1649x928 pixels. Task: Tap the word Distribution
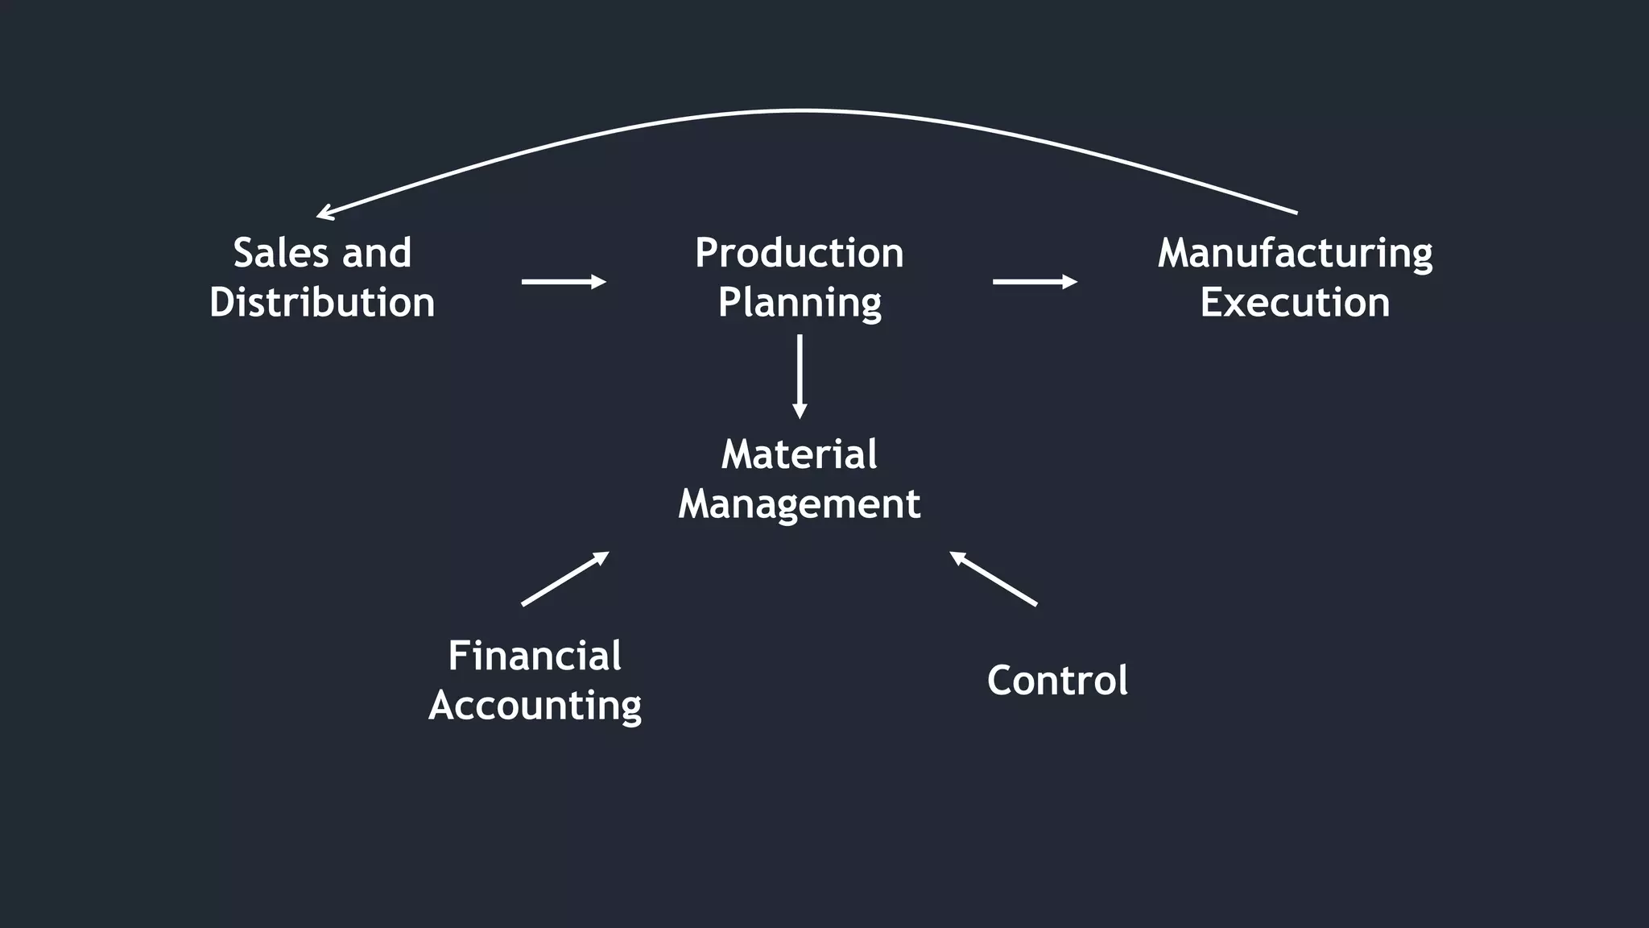[322, 302]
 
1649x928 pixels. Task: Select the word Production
[799, 253]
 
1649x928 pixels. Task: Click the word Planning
[800, 304]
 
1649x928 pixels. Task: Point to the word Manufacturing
[1295, 255]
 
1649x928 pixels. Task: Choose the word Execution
[1295, 302]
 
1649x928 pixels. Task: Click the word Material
[799, 454]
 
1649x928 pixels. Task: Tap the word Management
[799, 505]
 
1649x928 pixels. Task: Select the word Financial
[535, 656]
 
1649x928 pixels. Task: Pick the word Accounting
[535, 706]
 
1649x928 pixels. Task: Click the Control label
[1057, 681]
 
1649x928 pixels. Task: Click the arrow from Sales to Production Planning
[563, 281]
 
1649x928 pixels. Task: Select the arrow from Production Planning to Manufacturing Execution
[1034, 281]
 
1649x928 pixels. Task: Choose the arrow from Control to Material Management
[994, 578]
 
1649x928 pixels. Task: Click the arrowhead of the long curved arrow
[324, 213]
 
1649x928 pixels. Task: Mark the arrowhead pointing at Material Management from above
[800, 412]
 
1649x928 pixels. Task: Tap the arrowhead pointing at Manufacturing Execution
[1070, 281]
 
